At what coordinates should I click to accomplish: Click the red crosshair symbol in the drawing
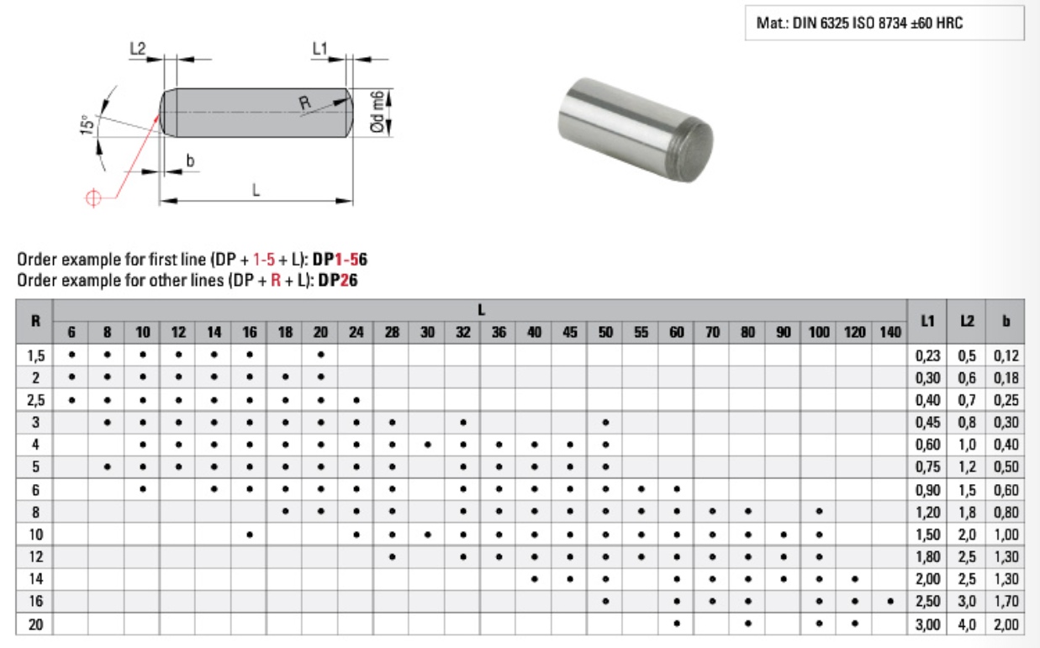click(x=93, y=198)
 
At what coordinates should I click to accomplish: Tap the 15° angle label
click(x=87, y=124)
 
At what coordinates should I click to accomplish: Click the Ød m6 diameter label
click(x=377, y=112)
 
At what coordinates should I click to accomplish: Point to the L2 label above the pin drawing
click(x=137, y=48)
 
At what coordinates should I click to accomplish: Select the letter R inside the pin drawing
click(x=304, y=103)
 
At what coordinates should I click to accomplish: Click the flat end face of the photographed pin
click(x=691, y=150)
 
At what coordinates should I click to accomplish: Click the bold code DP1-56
click(x=340, y=260)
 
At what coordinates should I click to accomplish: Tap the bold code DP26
click(x=338, y=281)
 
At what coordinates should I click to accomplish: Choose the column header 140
click(x=890, y=332)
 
